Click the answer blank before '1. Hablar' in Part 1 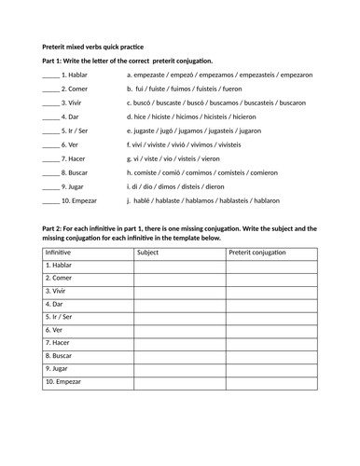click(50, 75)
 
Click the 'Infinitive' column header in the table click(62, 252)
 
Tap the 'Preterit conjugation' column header click(265, 252)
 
